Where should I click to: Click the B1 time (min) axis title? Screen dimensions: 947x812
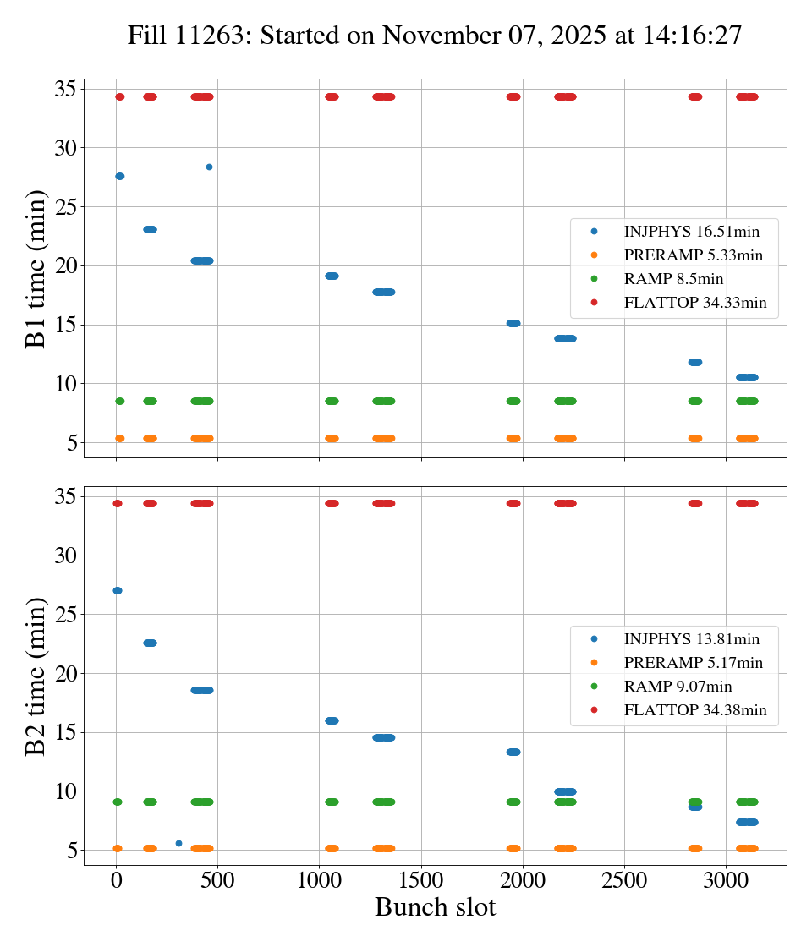[36, 269]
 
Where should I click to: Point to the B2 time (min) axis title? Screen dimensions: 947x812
[36, 676]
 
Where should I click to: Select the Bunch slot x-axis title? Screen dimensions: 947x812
[435, 907]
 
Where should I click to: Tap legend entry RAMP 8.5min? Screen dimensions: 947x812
[673, 279]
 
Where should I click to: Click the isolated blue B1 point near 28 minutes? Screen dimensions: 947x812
[209, 167]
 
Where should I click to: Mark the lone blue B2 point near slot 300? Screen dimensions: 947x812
[178, 843]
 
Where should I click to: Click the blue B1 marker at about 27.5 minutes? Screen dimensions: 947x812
[119, 176]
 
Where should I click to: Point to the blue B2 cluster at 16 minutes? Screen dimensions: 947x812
[332, 720]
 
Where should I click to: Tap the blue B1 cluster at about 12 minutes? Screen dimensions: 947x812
[695, 362]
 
